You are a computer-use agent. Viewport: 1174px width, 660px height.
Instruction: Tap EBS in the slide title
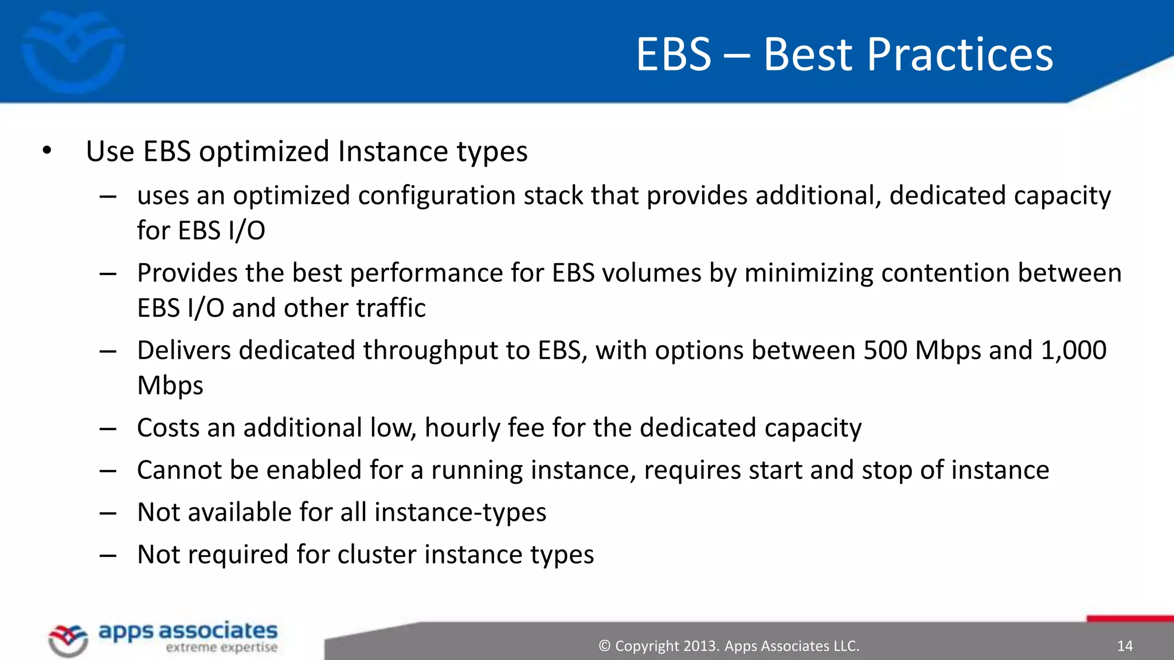(674, 55)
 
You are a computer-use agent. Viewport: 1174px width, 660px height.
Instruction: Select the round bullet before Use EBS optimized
(47, 151)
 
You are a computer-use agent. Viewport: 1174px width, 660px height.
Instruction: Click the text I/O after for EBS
(246, 231)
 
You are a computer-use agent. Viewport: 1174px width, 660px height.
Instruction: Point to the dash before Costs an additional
(108, 429)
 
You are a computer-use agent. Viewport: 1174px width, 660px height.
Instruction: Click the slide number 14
(1125, 646)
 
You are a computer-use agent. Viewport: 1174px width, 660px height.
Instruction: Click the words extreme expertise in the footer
(221, 648)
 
